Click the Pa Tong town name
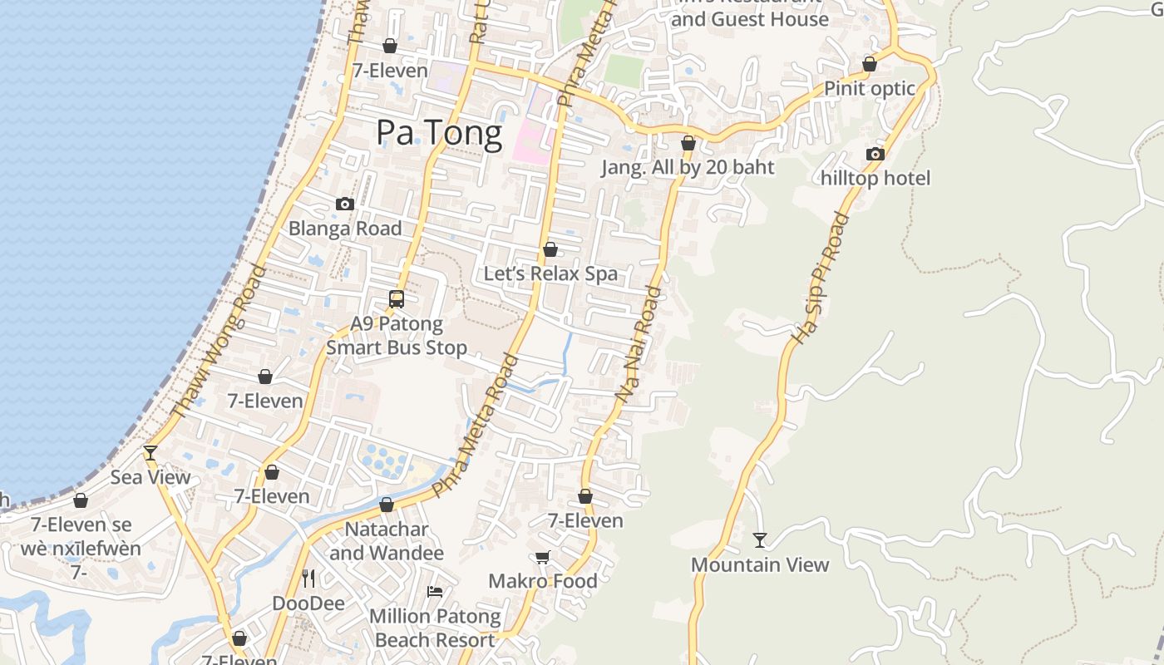[x=439, y=133]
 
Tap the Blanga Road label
[x=345, y=229]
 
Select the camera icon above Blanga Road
[x=344, y=204]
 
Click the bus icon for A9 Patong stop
[x=397, y=299]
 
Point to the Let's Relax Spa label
[x=550, y=273]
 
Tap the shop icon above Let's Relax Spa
[x=550, y=249]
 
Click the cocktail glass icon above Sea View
[x=150, y=452]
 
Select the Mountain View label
[x=760, y=564]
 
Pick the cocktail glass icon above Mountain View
[x=760, y=540]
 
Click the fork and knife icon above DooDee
[x=308, y=579]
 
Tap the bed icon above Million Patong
[x=435, y=592]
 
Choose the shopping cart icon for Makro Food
[x=542, y=557]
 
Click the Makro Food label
[x=542, y=581]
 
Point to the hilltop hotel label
[x=875, y=178]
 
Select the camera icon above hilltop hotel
[x=875, y=154]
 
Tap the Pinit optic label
[x=870, y=88]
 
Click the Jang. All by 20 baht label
[x=688, y=167]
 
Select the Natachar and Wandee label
[x=387, y=540]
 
